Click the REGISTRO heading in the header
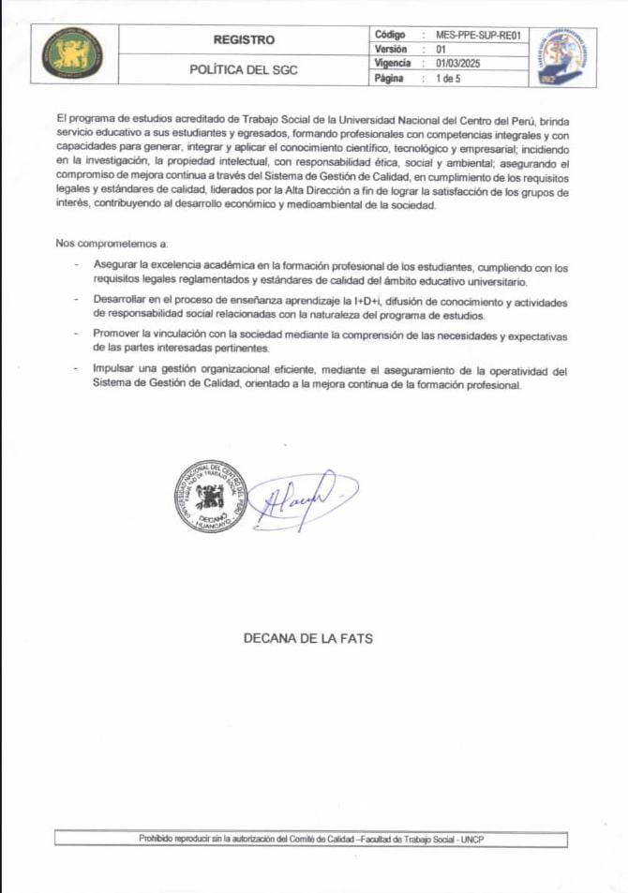245,39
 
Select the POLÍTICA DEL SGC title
244,70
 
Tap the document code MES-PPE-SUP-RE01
477,35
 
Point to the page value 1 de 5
448,78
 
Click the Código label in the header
390,35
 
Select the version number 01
441,49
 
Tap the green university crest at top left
73,55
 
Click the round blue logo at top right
561,55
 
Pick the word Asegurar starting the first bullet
114,268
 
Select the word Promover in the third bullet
117,334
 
